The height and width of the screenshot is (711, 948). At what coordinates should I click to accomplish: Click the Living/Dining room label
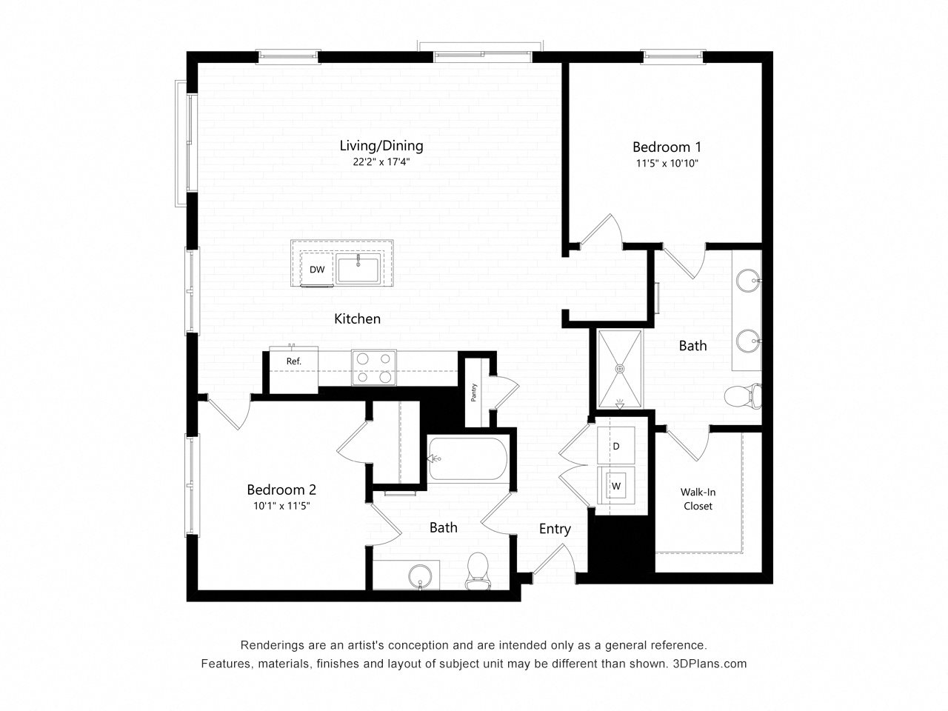point(381,145)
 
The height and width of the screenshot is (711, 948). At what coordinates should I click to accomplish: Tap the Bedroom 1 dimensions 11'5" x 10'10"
point(667,163)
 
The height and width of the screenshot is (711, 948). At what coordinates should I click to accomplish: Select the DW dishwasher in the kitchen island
point(317,270)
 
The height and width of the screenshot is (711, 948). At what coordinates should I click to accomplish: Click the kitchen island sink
point(358,269)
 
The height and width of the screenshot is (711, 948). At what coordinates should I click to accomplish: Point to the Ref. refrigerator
point(294,370)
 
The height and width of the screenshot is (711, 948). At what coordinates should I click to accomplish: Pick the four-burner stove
point(373,367)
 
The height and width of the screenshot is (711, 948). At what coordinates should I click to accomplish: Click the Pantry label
point(474,393)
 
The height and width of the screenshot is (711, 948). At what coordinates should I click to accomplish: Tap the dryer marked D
point(616,446)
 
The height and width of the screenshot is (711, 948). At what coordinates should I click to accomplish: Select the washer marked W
point(616,486)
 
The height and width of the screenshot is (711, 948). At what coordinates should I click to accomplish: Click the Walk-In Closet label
point(698,498)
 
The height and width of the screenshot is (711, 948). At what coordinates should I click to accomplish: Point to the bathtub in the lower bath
point(467,458)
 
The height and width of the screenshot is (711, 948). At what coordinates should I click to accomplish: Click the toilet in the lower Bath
point(478,571)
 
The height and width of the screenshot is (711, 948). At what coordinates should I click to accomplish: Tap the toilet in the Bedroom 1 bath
point(743,395)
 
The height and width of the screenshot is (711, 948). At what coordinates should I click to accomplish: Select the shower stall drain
point(620,368)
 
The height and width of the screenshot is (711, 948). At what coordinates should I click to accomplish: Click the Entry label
point(555,529)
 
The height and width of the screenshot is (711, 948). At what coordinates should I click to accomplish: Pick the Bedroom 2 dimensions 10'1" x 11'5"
point(281,506)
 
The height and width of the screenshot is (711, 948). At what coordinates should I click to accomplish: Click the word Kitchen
point(358,318)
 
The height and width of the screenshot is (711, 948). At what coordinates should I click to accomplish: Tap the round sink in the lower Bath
point(420,576)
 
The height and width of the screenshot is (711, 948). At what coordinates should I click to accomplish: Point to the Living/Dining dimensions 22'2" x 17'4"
point(381,162)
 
